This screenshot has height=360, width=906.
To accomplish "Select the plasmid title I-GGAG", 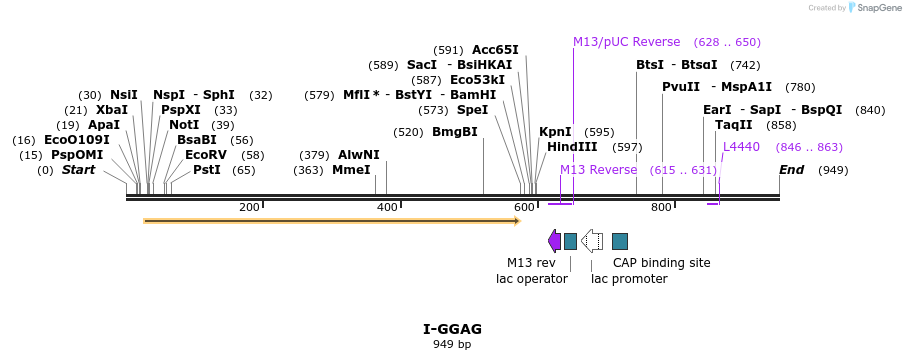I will tap(452, 329).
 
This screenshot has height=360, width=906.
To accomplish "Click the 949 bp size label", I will tap(452, 344).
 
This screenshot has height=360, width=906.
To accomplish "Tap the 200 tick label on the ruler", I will tap(249, 207).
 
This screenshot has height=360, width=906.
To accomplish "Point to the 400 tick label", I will tap(387, 207).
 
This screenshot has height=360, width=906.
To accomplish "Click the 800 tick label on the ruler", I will tap(661, 207).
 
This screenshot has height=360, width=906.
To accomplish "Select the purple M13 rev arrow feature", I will tap(554, 240).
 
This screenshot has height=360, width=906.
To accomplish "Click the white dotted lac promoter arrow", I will tap(592, 240).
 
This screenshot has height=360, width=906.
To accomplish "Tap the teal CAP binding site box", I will tap(620, 240).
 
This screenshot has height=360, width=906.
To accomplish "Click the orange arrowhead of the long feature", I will tap(516, 220).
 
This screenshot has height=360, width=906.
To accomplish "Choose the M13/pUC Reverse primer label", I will tap(626, 42).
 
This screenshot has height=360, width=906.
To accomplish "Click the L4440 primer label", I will tap(741, 147).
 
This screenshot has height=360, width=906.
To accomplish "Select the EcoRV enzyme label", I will tap(206, 155).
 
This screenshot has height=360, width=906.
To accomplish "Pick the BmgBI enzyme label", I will tap(455, 132).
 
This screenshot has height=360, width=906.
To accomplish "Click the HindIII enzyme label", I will tap(566, 147).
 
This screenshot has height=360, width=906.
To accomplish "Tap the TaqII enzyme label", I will tap(733, 125).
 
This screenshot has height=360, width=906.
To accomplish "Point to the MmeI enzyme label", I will tap(351, 170).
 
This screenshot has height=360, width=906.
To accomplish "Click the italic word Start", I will tap(79, 170).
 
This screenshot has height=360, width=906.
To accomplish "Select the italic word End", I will tap(792, 170).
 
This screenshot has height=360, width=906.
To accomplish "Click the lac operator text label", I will tap(531, 279).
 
